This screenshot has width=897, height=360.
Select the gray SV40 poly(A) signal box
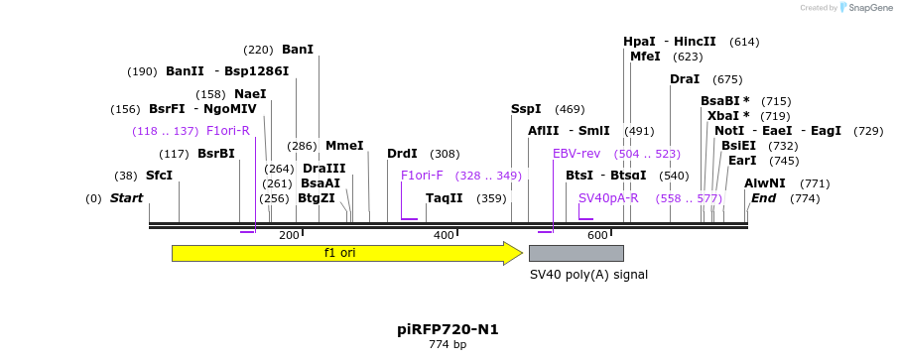click(x=576, y=253)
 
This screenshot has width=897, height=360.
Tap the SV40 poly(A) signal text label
click(x=587, y=274)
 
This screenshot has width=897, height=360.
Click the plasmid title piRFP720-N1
click(x=448, y=329)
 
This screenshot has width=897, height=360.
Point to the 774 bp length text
click(x=448, y=345)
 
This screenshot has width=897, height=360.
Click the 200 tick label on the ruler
click(x=289, y=235)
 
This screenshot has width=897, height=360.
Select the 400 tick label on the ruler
click(x=444, y=235)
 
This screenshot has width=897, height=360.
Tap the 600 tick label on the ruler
click(x=597, y=235)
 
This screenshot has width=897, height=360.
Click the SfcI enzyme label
click(x=159, y=176)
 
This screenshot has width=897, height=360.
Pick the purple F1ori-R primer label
click(x=228, y=131)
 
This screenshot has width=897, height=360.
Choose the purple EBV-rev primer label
click(x=577, y=154)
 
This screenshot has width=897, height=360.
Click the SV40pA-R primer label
click(x=608, y=198)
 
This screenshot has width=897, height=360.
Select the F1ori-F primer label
click(x=422, y=176)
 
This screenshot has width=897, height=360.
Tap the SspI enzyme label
click(x=526, y=109)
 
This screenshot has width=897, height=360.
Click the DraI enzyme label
click(x=685, y=79)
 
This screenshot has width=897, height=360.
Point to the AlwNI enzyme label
click(x=765, y=183)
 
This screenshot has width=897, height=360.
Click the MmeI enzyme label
click(x=344, y=146)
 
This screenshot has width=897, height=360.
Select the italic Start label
click(x=126, y=198)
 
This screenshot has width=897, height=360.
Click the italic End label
click(x=763, y=198)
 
